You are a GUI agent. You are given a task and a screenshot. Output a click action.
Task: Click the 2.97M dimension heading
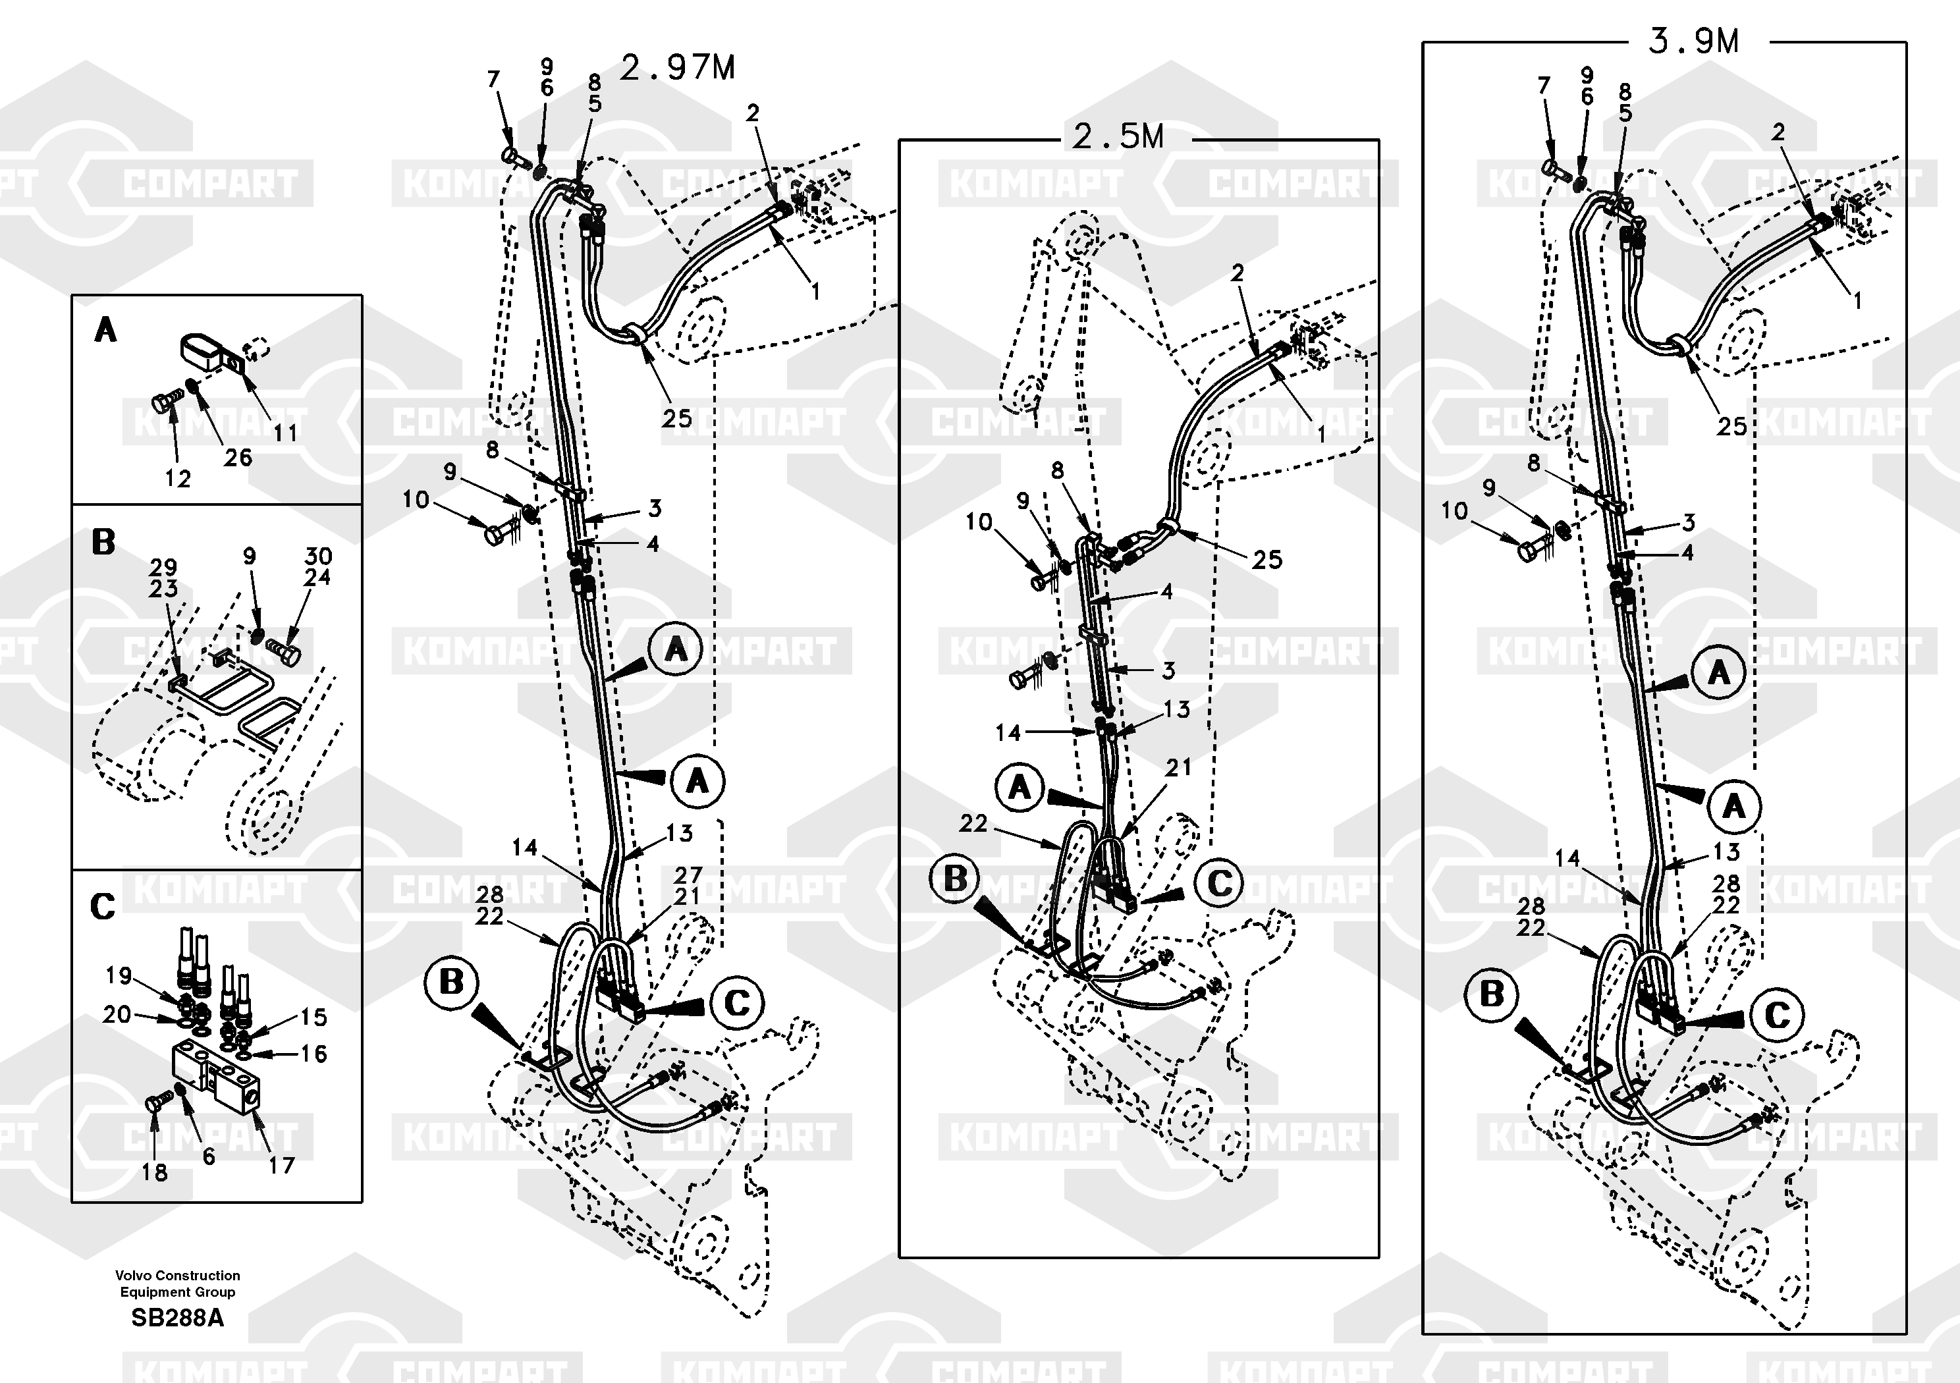(677, 67)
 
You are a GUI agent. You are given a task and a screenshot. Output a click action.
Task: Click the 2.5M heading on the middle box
(1118, 136)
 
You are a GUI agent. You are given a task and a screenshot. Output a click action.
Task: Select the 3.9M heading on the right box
(1693, 41)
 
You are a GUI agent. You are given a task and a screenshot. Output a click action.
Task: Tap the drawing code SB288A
(178, 1318)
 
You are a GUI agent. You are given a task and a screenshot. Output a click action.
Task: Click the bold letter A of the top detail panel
(105, 329)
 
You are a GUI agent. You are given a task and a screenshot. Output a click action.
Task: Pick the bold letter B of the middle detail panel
(103, 542)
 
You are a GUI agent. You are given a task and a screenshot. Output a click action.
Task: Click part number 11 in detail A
(285, 433)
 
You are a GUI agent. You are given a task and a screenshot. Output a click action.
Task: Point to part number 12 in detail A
(178, 479)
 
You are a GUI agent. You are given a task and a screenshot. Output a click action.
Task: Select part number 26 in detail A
(238, 458)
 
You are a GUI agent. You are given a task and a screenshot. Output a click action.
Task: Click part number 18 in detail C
(155, 1172)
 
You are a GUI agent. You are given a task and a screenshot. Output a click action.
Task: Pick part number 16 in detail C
(313, 1054)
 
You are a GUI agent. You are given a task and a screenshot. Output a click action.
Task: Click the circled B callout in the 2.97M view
(450, 983)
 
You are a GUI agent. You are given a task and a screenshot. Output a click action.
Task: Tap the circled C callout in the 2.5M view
(1219, 882)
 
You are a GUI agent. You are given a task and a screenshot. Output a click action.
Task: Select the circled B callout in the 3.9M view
(1491, 994)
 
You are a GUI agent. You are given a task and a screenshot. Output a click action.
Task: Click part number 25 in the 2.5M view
(1268, 559)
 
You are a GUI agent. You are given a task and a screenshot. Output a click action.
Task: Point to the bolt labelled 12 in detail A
(165, 400)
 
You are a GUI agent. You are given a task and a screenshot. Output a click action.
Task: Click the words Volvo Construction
(178, 1276)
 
